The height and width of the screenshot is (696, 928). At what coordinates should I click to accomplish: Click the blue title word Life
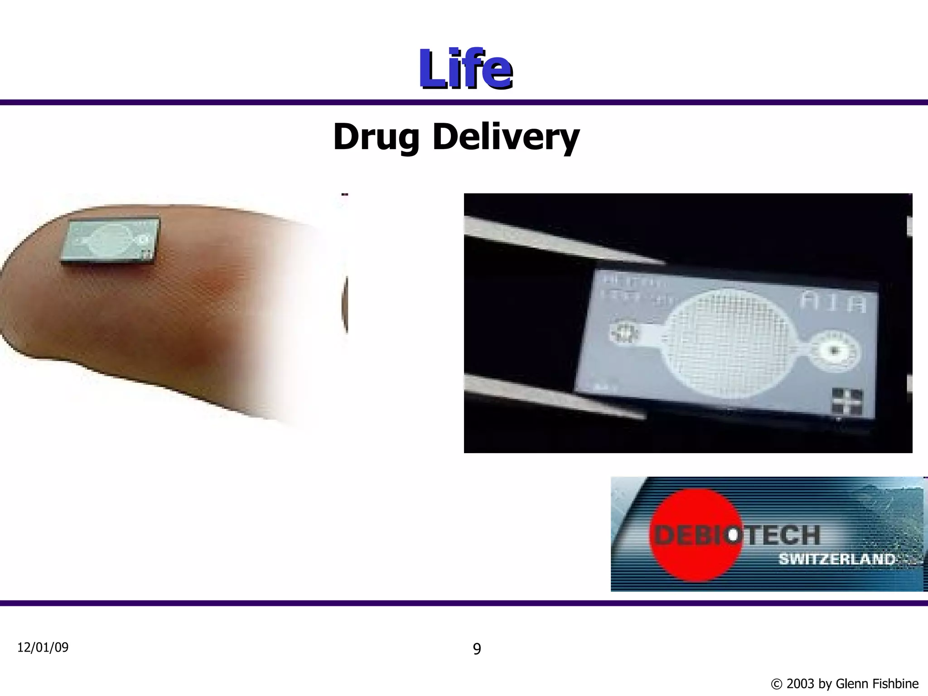[465, 69]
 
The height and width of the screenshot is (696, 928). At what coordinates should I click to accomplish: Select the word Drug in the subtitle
[376, 137]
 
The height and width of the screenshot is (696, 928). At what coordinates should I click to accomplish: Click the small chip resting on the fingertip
[111, 240]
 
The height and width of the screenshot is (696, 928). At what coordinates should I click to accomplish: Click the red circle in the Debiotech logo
[696, 535]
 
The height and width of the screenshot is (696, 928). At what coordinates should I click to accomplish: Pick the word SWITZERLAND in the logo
[836, 559]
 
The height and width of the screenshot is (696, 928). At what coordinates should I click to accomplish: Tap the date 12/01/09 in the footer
[43, 648]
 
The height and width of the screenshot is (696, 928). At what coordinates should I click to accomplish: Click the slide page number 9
[477, 649]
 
